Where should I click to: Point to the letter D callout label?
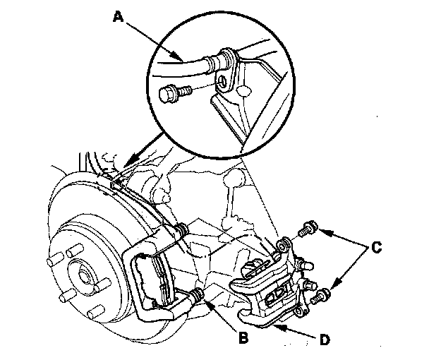[x=324, y=339]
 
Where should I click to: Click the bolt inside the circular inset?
[x=173, y=91]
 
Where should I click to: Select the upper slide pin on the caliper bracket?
[x=181, y=229]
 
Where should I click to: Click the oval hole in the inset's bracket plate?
[x=242, y=91]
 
